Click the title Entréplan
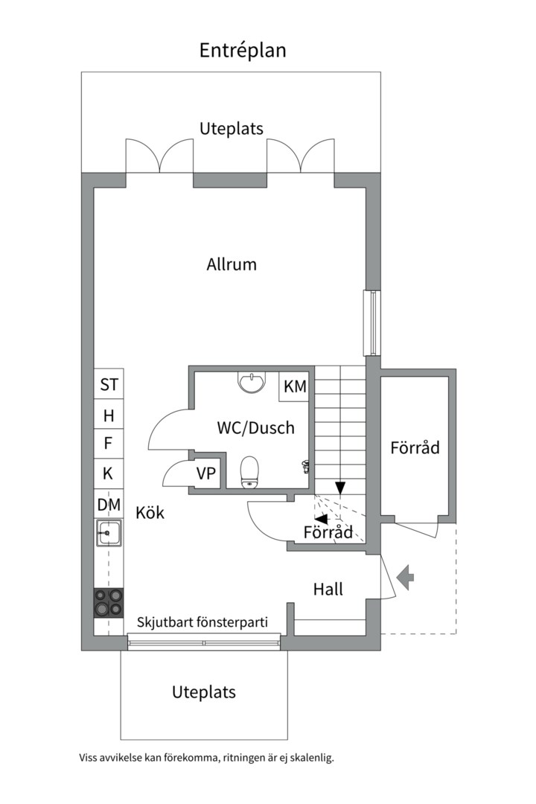(x=243, y=50)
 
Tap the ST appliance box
(x=109, y=385)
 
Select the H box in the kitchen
(x=109, y=415)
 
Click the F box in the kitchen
(x=109, y=444)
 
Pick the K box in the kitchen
(x=109, y=473)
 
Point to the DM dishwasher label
(x=109, y=505)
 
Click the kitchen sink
(x=109, y=532)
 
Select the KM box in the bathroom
(x=295, y=386)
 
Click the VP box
(x=206, y=473)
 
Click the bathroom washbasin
(x=252, y=382)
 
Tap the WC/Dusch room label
(x=255, y=428)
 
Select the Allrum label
(x=232, y=264)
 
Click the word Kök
(x=150, y=513)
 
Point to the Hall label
(x=328, y=590)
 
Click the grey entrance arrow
(x=405, y=578)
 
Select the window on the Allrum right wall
(x=371, y=322)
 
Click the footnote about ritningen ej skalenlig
(x=207, y=758)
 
